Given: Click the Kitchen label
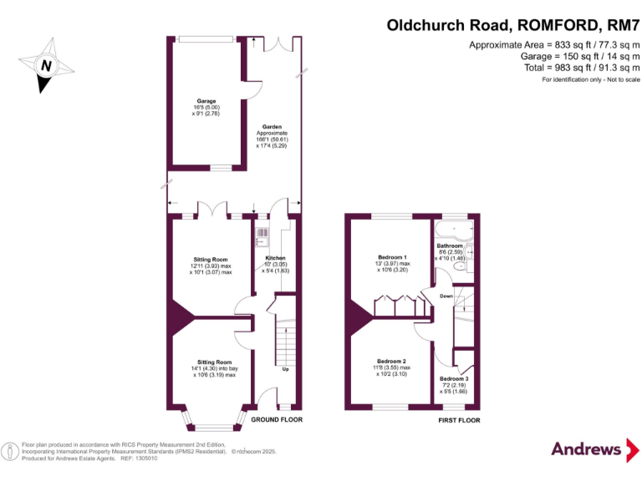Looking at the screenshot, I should click(x=276, y=259).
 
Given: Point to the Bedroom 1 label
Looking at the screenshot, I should click(x=393, y=257).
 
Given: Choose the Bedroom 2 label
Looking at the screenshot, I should click(x=392, y=361).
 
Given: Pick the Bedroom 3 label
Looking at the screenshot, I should click(x=455, y=379).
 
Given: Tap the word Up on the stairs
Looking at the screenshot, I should click(x=286, y=368).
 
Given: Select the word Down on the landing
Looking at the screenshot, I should click(x=446, y=296).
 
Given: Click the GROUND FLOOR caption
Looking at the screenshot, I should click(x=277, y=419).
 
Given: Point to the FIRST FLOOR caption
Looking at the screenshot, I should click(x=459, y=420).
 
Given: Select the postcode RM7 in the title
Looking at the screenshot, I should click(x=619, y=25).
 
